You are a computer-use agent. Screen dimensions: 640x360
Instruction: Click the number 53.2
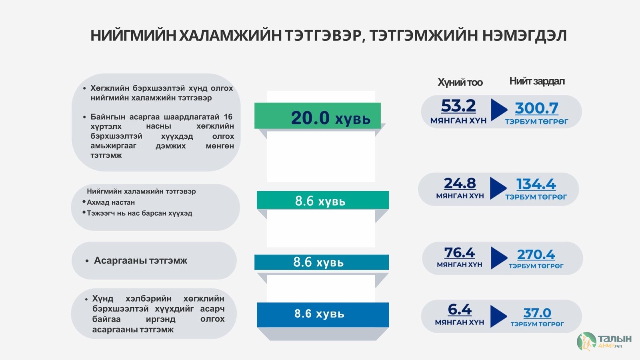coord(458,106)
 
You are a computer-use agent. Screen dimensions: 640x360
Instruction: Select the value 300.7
coord(536,108)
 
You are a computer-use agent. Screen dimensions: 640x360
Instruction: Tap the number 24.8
coord(460,184)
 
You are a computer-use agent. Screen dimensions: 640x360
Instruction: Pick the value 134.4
coord(536,184)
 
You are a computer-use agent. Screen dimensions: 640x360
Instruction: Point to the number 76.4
coord(460,253)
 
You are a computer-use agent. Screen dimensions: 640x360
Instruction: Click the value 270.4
coord(536,254)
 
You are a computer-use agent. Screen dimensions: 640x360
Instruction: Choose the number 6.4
coord(460,310)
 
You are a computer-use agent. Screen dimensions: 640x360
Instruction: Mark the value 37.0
coord(537,313)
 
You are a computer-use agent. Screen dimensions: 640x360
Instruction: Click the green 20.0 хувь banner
coord(318,116)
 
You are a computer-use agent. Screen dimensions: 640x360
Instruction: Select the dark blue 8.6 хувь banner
coord(323,314)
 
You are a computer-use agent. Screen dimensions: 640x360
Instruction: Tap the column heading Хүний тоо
coord(460,82)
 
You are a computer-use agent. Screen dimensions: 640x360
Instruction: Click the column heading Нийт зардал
coord(537,81)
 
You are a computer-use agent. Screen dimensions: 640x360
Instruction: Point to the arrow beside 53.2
coord(499,110)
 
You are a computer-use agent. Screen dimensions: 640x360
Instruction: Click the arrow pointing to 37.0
coord(498,316)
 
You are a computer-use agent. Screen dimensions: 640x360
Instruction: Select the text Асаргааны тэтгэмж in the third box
coord(140,260)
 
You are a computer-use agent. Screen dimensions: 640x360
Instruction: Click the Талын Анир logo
coord(604,342)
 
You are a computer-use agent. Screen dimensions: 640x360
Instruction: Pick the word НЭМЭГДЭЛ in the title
coord(524,36)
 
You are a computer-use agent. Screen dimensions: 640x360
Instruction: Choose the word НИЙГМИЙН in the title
coord(133,36)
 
